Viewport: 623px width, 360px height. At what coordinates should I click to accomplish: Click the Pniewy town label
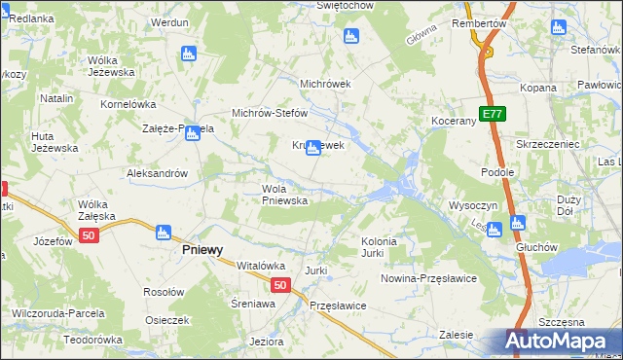click(202, 249)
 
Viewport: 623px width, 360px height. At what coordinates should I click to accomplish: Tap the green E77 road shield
click(493, 114)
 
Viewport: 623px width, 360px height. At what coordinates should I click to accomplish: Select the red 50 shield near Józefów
click(90, 236)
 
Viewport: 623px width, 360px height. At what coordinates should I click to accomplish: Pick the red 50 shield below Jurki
click(280, 285)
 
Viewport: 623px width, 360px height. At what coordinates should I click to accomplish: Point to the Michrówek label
click(325, 84)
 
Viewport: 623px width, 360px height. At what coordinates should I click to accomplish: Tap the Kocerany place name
click(453, 121)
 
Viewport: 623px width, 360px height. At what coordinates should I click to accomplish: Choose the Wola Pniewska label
click(284, 195)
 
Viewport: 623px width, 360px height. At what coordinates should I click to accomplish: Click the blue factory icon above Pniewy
click(164, 232)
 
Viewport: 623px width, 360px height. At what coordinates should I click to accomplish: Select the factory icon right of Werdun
click(189, 54)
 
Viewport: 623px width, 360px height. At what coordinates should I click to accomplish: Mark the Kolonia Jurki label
click(379, 247)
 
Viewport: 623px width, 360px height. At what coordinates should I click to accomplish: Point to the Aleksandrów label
click(157, 173)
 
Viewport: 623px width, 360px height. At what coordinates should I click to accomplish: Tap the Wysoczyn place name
click(473, 206)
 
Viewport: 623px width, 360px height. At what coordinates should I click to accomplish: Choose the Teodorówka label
click(92, 341)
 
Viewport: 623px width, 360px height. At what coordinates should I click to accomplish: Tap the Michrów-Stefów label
click(269, 113)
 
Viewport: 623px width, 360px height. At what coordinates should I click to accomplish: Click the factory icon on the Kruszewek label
click(312, 148)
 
